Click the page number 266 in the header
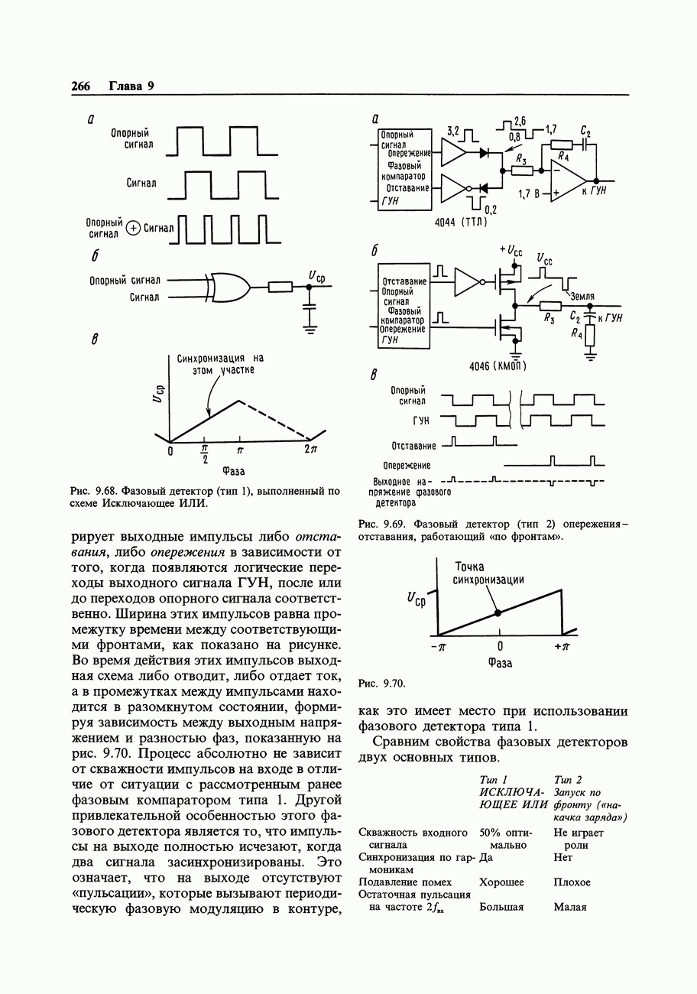pyautogui.click(x=80, y=86)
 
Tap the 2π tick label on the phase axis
pyautogui.click(x=310, y=450)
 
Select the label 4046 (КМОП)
pyautogui.click(x=498, y=366)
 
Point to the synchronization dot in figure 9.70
pyautogui.click(x=498, y=612)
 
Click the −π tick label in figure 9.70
pyautogui.click(x=438, y=647)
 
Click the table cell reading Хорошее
pyautogui.click(x=501, y=882)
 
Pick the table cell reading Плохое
pyautogui.click(x=572, y=882)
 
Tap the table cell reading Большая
pyautogui.click(x=501, y=907)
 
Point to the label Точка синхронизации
pyautogui.click(x=489, y=573)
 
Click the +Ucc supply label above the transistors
pyautogui.click(x=511, y=251)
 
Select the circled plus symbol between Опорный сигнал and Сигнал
pyautogui.click(x=134, y=227)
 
